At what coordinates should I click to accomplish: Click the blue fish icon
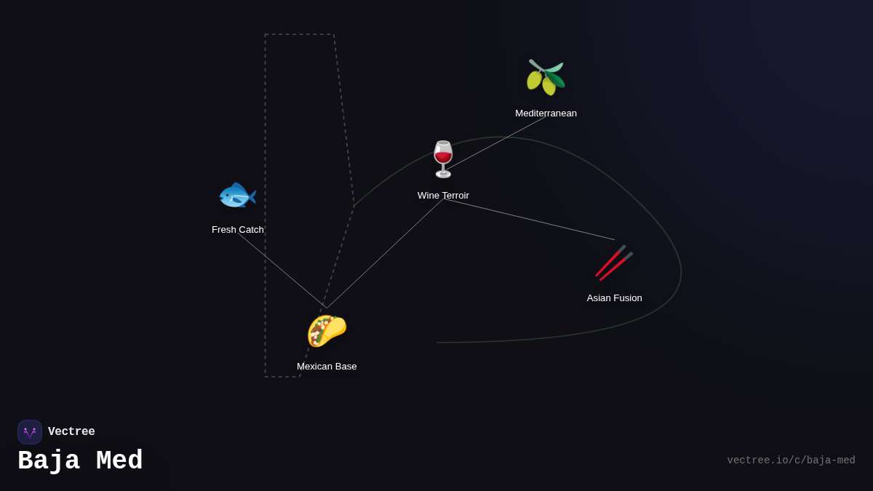[237, 195]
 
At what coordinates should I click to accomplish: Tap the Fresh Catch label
[238, 230]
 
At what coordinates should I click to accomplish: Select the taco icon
[327, 331]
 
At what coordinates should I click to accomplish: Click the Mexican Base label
[327, 367]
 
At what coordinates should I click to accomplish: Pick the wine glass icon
[443, 159]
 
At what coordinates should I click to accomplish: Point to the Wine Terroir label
[443, 195]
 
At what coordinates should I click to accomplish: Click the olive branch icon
[546, 77]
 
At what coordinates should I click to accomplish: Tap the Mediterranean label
[546, 113]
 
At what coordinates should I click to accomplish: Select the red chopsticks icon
[614, 263]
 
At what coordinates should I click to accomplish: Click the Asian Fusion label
[614, 298]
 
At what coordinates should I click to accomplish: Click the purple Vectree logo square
[30, 432]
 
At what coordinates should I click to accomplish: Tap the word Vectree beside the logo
[71, 431]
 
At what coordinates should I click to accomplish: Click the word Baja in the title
[49, 460]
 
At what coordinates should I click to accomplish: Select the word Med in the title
[119, 460]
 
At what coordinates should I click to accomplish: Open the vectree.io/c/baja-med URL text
[792, 460]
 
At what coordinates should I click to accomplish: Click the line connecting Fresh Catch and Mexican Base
[282, 271]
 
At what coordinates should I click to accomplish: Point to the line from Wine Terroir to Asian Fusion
[529, 220]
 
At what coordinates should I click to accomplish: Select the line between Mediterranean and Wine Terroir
[495, 143]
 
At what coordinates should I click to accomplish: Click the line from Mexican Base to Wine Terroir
[385, 253]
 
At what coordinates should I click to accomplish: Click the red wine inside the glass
[443, 157]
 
